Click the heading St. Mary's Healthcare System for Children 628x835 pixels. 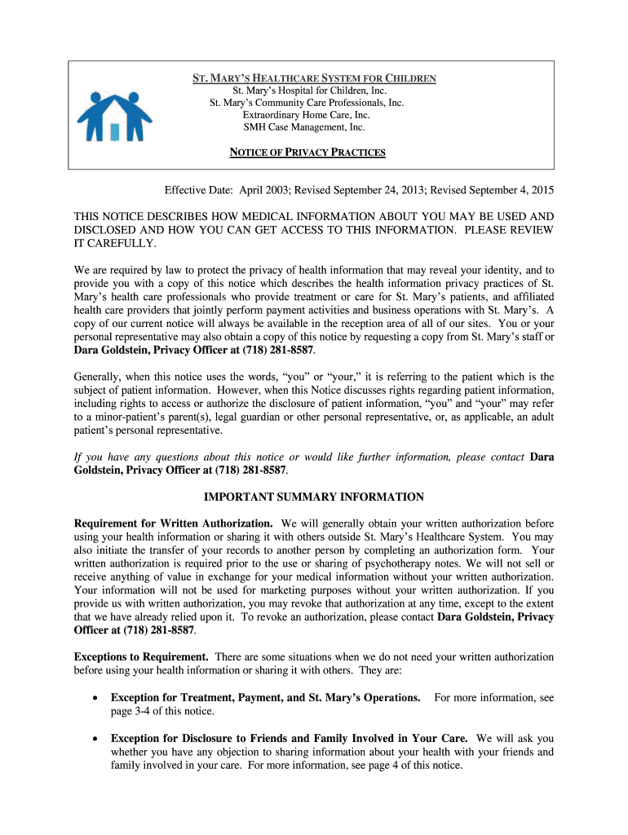(314, 79)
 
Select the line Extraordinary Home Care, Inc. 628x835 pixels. (306, 115)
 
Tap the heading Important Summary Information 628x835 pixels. (313, 497)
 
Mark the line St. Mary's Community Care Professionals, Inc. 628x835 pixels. (307, 103)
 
